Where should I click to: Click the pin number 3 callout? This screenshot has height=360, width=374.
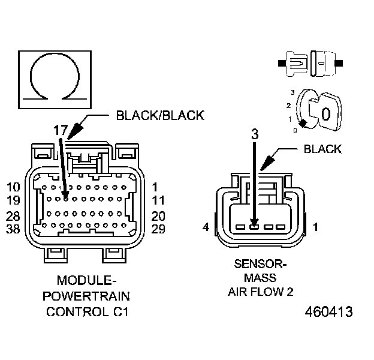[x=254, y=134]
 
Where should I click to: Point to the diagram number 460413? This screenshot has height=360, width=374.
[x=328, y=312]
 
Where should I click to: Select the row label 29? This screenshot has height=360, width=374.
[x=159, y=229]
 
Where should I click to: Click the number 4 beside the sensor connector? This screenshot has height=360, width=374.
[x=206, y=227]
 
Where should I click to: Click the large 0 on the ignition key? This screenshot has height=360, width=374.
[x=325, y=113]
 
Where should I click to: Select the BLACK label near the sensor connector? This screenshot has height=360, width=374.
[x=322, y=149]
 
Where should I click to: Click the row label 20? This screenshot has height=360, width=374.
[x=159, y=215]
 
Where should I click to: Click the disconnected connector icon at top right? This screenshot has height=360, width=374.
[x=310, y=62]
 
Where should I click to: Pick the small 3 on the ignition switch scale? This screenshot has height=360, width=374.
[x=292, y=92]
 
